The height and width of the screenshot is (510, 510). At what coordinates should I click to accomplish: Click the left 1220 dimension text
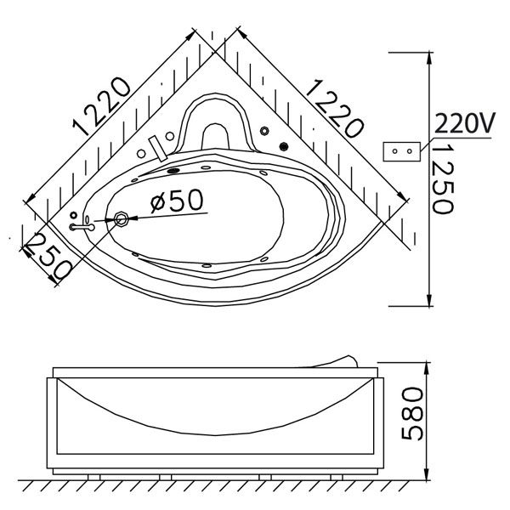[101, 106]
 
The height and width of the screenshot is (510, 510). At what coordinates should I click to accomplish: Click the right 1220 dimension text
[334, 109]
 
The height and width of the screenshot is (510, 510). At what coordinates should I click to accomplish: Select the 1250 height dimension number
[444, 178]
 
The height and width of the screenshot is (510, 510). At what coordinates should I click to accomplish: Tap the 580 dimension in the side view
[412, 413]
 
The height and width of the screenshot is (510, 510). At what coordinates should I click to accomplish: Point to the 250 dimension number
[48, 257]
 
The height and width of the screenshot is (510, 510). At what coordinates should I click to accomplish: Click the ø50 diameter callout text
[177, 200]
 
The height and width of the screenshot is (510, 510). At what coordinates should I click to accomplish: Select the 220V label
[465, 123]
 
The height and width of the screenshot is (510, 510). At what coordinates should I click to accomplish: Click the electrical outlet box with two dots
[402, 151]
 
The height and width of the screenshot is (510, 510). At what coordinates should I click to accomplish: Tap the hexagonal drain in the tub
[122, 219]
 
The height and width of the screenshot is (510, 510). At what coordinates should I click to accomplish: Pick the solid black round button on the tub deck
[284, 147]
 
